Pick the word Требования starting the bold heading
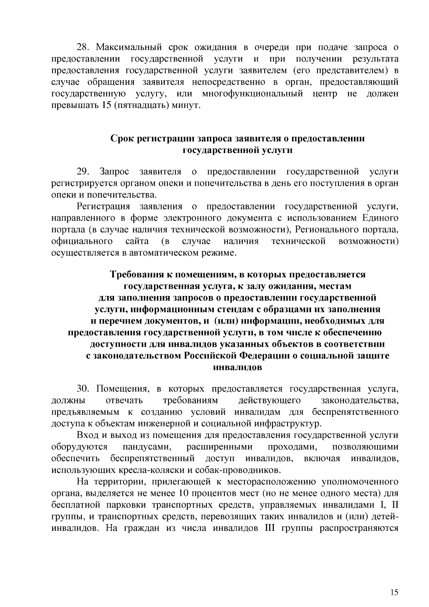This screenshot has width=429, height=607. (x=135, y=274)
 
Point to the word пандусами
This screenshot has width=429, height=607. (x=143, y=447)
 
